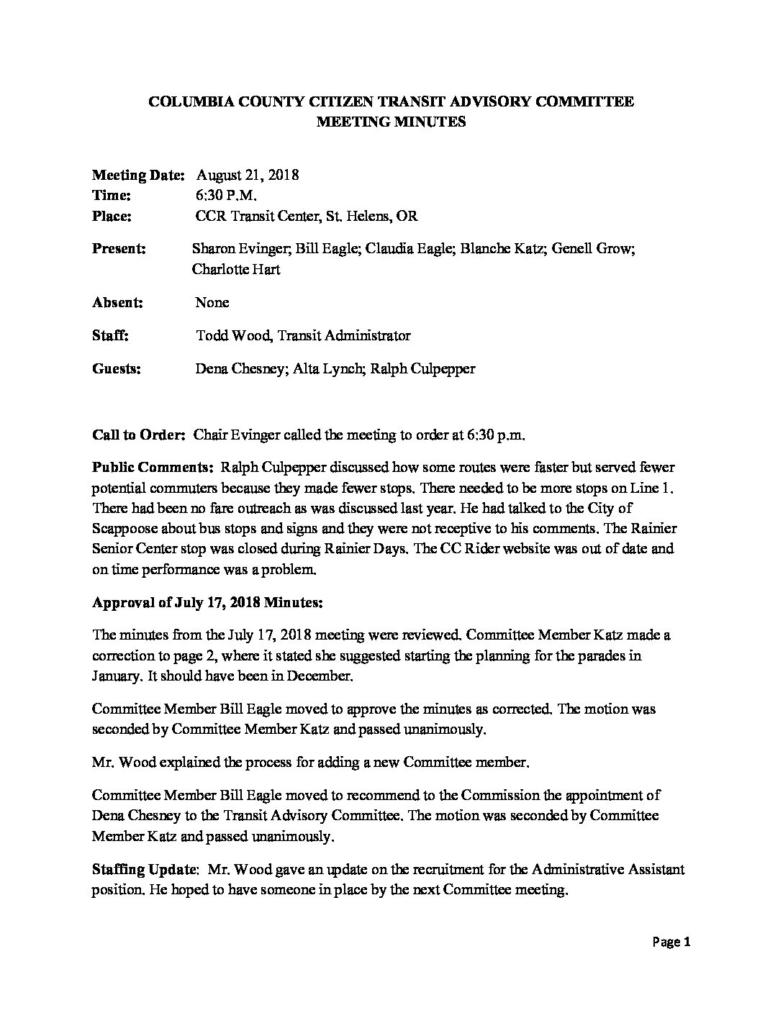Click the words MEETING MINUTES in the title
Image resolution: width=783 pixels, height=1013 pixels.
click(391, 122)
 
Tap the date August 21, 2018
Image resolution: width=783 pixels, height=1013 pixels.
click(247, 175)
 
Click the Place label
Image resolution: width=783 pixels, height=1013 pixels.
click(112, 217)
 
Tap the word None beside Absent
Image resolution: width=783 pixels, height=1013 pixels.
click(212, 302)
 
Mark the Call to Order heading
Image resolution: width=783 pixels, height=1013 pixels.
click(140, 435)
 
